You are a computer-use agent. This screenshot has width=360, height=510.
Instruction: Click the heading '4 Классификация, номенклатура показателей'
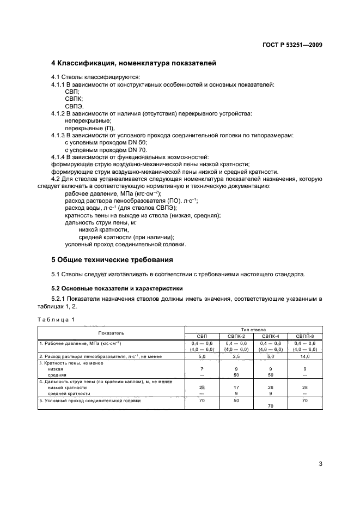pyautogui.click(x=133, y=63)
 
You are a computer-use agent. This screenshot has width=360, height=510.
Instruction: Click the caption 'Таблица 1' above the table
pyautogui.click(x=56, y=319)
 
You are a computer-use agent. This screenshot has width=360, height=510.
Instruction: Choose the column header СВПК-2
pyautogui.click(x=237, y=336)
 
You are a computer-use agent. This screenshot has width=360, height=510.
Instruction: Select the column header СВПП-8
pyautogui.click(x=304, y=336)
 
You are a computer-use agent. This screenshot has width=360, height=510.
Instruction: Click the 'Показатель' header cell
pyautogui.click(x=111, y=332)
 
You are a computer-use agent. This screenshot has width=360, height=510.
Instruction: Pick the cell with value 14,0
pyautogui.click(x=304, y=356)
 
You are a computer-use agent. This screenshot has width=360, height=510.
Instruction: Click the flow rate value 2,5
pyautogui.click(x=237, y=356)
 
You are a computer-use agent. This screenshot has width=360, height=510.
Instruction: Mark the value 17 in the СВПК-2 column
pyautogui.click(x=237, y=386)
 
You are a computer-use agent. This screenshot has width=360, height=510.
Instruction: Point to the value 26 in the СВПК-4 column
pyautogui.click(x=271, y=386)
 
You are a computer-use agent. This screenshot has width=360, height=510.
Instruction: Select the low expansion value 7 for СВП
pyautogui.click(x=203, y=369)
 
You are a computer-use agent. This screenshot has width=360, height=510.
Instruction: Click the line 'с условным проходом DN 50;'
pyautogui.click(x=106, y=142)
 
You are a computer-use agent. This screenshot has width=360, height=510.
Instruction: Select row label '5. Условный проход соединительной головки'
pyautogui.click(x=90, y=400)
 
